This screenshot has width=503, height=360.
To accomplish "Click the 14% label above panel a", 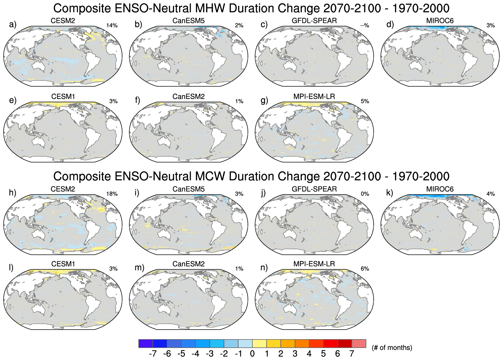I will pyautogui.click(x=112, y=25).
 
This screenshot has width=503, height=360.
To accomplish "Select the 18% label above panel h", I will pyautogui.click(x=112, y=194).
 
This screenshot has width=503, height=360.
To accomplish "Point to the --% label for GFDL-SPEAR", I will pyautogui.click(x=365, y=25).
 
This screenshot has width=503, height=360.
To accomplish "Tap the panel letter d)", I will pyautogui.click(x=390, y=24).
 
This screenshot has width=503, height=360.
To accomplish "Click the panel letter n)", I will pyautogui.click(x=264, y=267).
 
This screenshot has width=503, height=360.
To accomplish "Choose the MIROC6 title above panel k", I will pyautogui.click(x=440, y=189).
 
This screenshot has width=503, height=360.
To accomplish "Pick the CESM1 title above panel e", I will pyautogui.click(x=63, y=97).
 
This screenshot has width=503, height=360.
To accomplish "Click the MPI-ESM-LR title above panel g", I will pyautogui.click(x=314, y=97).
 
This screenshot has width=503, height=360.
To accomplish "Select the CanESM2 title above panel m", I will pyautogui.click(x=188, y=264).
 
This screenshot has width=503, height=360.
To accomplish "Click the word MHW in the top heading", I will pyautogui.click(x=212, y=8).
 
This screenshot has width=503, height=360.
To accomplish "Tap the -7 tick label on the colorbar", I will pyautogui.click(x=152, y=354).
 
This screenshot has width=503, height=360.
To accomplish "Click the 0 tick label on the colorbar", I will pyautogui.click(x=252, y=354).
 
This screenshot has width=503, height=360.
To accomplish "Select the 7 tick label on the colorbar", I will pyautogui.click(x=351, y=354).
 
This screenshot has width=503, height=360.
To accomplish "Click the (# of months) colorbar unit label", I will pyautogui.click(x=392, y=348).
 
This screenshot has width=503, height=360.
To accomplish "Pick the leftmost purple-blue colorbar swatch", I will pyautogui.click(x=146, y=344).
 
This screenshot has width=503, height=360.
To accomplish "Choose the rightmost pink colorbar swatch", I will pyautogui.click(x=359, y=344).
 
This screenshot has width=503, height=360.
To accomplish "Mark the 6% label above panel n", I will pyautogui.click(x=365, y=269).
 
